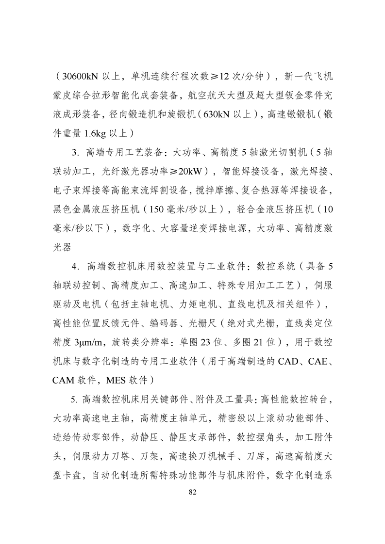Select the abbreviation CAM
click(65, 380)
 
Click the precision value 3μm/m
click(87, 342)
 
